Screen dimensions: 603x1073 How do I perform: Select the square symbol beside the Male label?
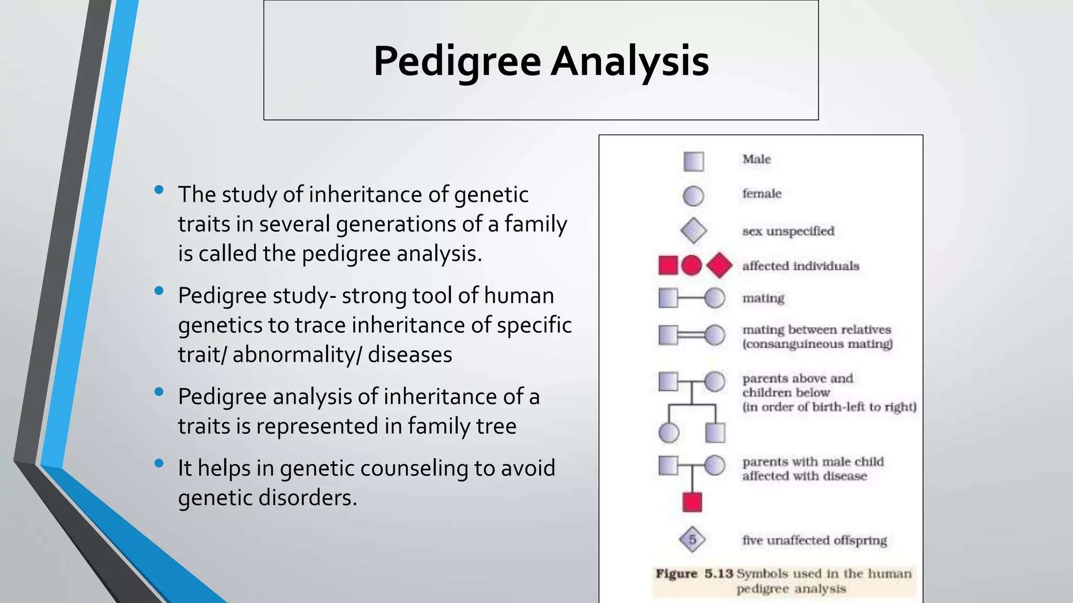pos(693,161)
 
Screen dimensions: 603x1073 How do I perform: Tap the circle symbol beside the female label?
pos(693,196)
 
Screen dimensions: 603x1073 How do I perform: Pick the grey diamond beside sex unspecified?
pos(693,231)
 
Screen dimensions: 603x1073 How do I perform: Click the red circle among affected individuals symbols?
pos(691,265)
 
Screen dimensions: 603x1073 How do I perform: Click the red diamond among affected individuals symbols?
pos(719,265)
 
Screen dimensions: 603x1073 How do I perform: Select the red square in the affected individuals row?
pos(668,265)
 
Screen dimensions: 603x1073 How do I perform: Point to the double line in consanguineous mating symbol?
pos(691,335)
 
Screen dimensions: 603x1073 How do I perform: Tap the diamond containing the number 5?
pos(692,540)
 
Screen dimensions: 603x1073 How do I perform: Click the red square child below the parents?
pos(692,502)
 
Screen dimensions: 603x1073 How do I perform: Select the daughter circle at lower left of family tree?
pos(668,433)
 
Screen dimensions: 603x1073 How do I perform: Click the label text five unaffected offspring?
pos(814,540)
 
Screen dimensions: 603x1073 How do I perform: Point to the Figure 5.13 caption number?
pos(718,574)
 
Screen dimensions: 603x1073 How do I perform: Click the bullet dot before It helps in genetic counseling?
pos(159,463)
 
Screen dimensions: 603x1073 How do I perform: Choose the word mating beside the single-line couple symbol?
pos(763,298)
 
